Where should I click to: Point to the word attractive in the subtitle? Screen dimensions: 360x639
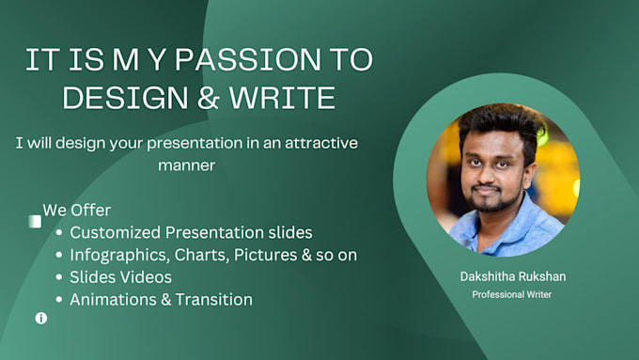pos(317,144)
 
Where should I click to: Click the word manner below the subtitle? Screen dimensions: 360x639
pos(186,165)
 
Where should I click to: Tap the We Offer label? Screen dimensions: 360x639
pos(77,211)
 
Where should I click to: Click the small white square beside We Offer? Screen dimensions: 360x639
pos(35,222)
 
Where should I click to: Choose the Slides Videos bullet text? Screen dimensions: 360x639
pos(120,277)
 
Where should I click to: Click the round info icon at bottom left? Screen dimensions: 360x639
pos(41,319)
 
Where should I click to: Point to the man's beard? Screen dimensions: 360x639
pos(487,201)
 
